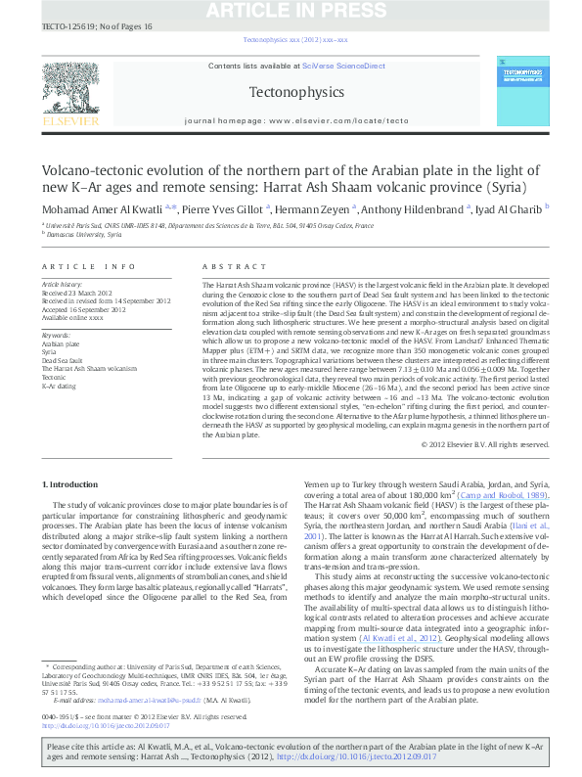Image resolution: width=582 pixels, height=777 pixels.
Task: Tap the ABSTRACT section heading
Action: (228, 266)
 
